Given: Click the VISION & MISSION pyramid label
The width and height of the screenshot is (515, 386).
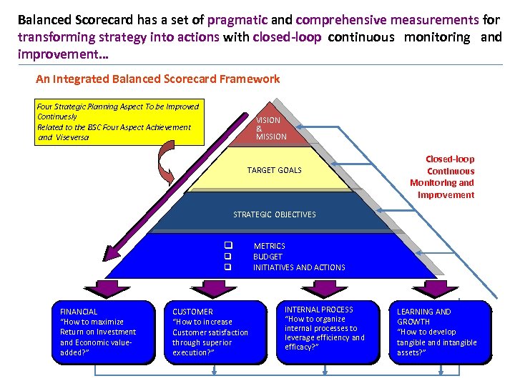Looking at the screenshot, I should tap(271, 129).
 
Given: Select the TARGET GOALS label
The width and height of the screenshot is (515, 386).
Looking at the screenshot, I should tap(274, 170).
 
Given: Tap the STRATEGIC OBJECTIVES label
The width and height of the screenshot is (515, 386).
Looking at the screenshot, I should tap(274, 214).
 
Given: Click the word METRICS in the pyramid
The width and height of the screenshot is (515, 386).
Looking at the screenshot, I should tap(269, 246).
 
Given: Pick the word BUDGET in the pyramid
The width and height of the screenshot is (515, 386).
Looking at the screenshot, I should tap(268, 257).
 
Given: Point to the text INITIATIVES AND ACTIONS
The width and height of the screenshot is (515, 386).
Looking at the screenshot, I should tap(298, 267).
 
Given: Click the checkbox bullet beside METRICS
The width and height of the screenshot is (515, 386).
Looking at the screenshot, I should tap(227, 246).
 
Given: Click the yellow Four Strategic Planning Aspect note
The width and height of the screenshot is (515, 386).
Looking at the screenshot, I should tap(118, 122).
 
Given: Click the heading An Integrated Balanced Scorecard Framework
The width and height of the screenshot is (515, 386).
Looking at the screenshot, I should tap(157, 79).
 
